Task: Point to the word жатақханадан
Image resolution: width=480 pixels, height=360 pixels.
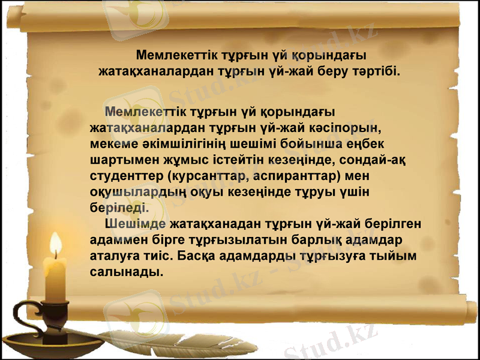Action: (217, 224)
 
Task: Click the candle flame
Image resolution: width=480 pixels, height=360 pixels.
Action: (56, 244)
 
